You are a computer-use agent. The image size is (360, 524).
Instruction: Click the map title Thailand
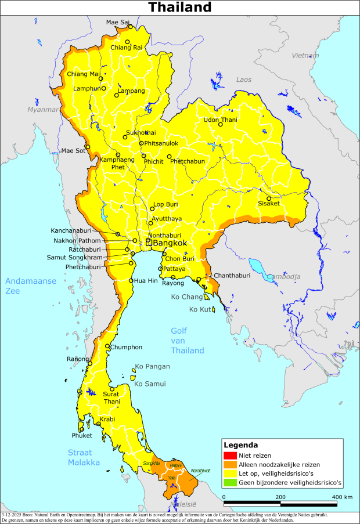[179, 8]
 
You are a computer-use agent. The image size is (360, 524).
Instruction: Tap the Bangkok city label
[170, 243]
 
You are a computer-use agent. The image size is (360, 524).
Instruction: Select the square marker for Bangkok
[149, 243]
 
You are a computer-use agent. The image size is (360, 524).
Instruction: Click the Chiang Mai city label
[83, 74]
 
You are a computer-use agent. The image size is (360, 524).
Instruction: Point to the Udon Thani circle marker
[220, 124]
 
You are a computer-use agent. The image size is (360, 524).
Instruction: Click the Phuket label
[82, 435]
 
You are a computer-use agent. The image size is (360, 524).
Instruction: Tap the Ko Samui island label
[150, 384]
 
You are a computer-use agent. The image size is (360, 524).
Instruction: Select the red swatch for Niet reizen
[230, 456]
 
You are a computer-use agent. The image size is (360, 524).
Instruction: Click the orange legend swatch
[230, 464]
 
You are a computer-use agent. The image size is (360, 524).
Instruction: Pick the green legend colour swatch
[230, 482]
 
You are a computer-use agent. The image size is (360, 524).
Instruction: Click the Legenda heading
[242, 445]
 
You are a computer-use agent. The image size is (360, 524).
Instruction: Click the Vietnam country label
[305, 56]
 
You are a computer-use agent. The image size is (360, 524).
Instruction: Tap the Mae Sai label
[118, 22]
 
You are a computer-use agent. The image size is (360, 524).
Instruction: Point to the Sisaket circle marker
[269, 198]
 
